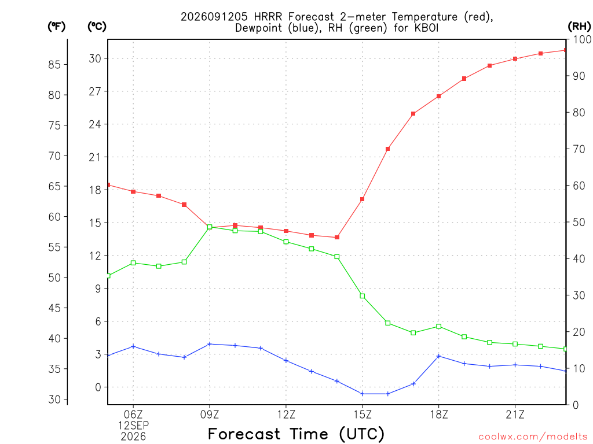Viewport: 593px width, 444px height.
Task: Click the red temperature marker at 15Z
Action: coord(363,199)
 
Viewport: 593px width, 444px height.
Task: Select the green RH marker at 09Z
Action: coord(210,227)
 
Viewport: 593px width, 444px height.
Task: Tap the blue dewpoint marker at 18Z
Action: coord(439,356)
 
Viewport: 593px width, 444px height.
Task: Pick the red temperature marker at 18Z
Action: coord(439,97)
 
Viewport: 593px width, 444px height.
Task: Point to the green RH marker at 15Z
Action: coord(363,296)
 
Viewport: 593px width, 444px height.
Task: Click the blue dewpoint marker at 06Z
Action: coord(133,347)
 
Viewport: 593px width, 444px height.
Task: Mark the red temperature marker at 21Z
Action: coord(515,58)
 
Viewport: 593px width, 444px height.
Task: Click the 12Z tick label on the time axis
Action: coord(286,415)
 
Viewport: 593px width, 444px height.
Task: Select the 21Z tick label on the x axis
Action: coord(515,415)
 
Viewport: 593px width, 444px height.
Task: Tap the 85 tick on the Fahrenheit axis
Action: coord(54,65)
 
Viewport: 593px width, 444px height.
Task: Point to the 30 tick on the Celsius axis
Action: coord(95,58)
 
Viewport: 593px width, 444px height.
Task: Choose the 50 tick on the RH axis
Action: coord(579,222)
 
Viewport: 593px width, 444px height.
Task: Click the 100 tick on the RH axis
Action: coord(583,39)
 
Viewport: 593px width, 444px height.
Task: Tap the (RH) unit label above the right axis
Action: coord(579,26)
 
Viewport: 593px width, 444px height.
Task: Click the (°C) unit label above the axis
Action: coord(97,26)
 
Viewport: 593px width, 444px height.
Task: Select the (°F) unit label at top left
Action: coord(56,26)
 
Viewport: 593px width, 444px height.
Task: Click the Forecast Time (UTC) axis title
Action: coord(296,434)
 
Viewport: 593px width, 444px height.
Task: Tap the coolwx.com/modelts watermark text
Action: coord(533,436)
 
